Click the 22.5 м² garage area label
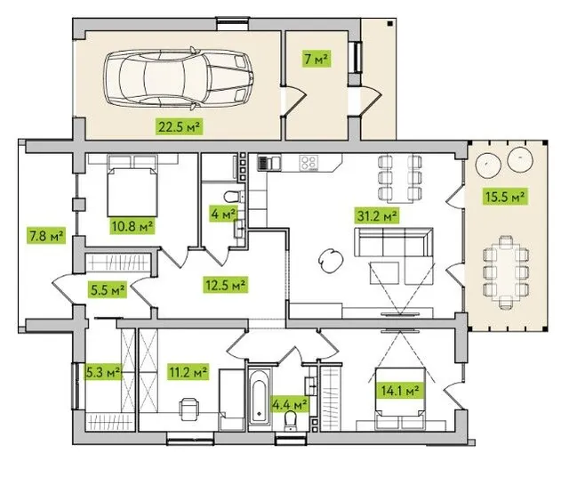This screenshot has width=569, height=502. [180, 126]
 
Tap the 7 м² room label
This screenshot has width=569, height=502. [317, 59]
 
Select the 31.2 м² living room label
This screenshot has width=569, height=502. [377, 215]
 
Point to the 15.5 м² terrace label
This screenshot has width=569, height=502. [505, 197]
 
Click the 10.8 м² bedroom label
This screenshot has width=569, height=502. [132, 226]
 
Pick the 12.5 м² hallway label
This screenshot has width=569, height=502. [225, 285]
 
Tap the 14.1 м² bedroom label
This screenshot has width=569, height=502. [400, 391]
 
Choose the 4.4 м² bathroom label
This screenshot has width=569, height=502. [290, 404]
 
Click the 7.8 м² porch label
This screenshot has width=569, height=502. [46, 236]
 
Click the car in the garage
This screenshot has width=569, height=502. [179, 79]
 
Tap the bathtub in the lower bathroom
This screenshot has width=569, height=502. [260, 397]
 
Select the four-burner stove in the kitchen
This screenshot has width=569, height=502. [309, 162]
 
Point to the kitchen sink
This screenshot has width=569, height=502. [268, 162]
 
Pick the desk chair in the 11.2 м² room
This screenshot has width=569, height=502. [188, 409]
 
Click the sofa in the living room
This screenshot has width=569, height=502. [394, 242]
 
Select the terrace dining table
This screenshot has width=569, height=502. [506, 272]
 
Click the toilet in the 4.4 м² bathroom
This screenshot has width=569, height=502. [291, 421]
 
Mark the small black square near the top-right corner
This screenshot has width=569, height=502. [389, 24]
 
